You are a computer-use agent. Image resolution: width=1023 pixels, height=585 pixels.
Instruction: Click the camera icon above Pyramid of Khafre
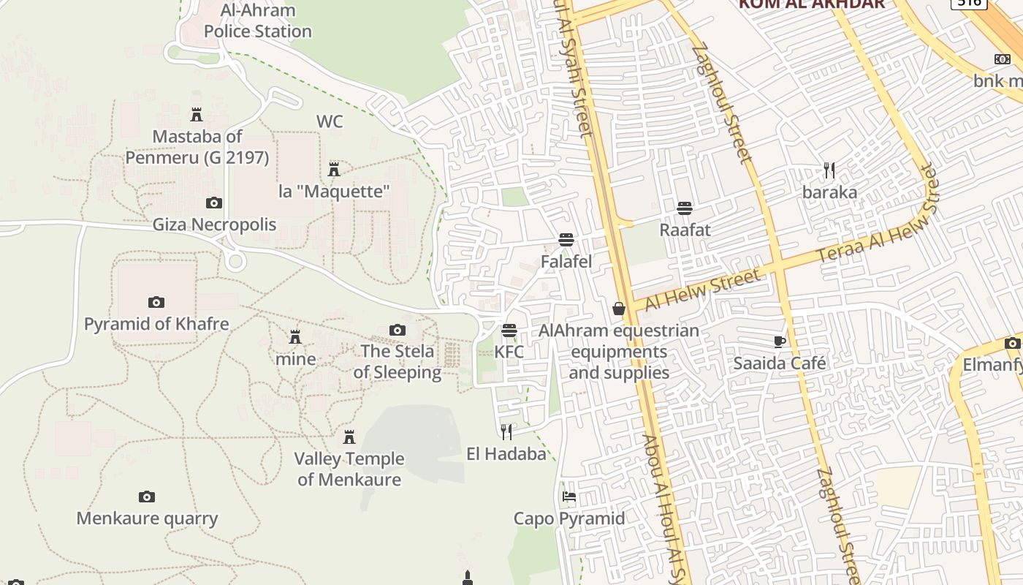tap(156, 302)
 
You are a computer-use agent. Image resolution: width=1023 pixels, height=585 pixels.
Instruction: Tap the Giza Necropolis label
tap(214, 224)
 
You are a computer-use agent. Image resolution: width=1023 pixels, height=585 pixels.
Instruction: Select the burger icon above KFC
tap(509, 331)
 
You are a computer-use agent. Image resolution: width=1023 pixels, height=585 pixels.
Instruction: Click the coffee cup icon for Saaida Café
tap(780, 341)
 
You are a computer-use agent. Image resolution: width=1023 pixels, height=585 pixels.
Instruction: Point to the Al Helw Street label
tap(702, 290)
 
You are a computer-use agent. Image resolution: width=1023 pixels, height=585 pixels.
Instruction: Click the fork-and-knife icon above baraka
tap(829, 170)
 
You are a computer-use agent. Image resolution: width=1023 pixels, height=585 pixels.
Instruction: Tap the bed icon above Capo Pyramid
tap(569, 497)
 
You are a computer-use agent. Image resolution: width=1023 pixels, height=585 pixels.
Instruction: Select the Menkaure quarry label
tap(148, 518)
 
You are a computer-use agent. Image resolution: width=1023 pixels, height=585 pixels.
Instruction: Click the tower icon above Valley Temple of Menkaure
tap(349, 437)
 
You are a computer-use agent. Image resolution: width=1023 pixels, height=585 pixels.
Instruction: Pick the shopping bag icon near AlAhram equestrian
tap(619, 309)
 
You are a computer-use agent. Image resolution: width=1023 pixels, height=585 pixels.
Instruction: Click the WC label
tap(330, 121)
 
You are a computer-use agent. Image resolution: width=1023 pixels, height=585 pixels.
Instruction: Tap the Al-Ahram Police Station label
tap(258, 20)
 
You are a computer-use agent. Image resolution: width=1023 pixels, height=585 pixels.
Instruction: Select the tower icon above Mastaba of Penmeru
tap(196, 115)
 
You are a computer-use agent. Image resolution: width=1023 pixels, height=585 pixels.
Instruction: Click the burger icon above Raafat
tap(685, 208)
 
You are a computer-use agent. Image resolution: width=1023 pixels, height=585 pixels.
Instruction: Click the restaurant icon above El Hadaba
tap(506, 432)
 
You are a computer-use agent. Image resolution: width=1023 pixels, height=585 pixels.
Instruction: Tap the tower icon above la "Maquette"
tap(334, 170)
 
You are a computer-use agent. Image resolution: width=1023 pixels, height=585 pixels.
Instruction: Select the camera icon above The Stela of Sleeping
tap(398, 330)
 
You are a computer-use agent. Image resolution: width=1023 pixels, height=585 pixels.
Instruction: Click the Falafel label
tap(566, 261)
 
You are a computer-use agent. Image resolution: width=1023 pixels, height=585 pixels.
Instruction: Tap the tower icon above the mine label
tap(295, 337)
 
